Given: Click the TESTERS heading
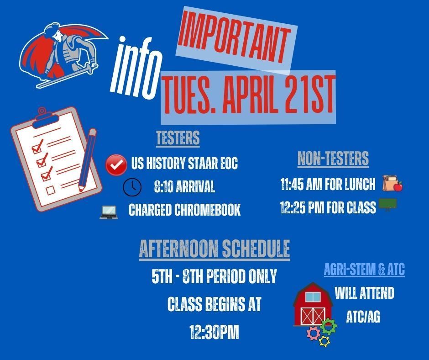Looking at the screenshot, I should [178, 138].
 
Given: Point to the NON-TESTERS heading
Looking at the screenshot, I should [333, 159].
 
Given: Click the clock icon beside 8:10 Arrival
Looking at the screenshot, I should [132, 186].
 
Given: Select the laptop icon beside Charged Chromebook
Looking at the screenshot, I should [109, 211].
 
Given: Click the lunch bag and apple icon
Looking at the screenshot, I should [392, 183].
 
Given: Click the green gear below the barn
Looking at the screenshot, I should [328, 326].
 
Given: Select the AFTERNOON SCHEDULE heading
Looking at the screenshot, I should [214, 249].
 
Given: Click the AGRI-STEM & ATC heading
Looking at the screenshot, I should [364, 270].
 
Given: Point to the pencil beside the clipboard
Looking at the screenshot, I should [87, 159].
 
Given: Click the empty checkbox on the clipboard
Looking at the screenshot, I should [51, 189].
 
